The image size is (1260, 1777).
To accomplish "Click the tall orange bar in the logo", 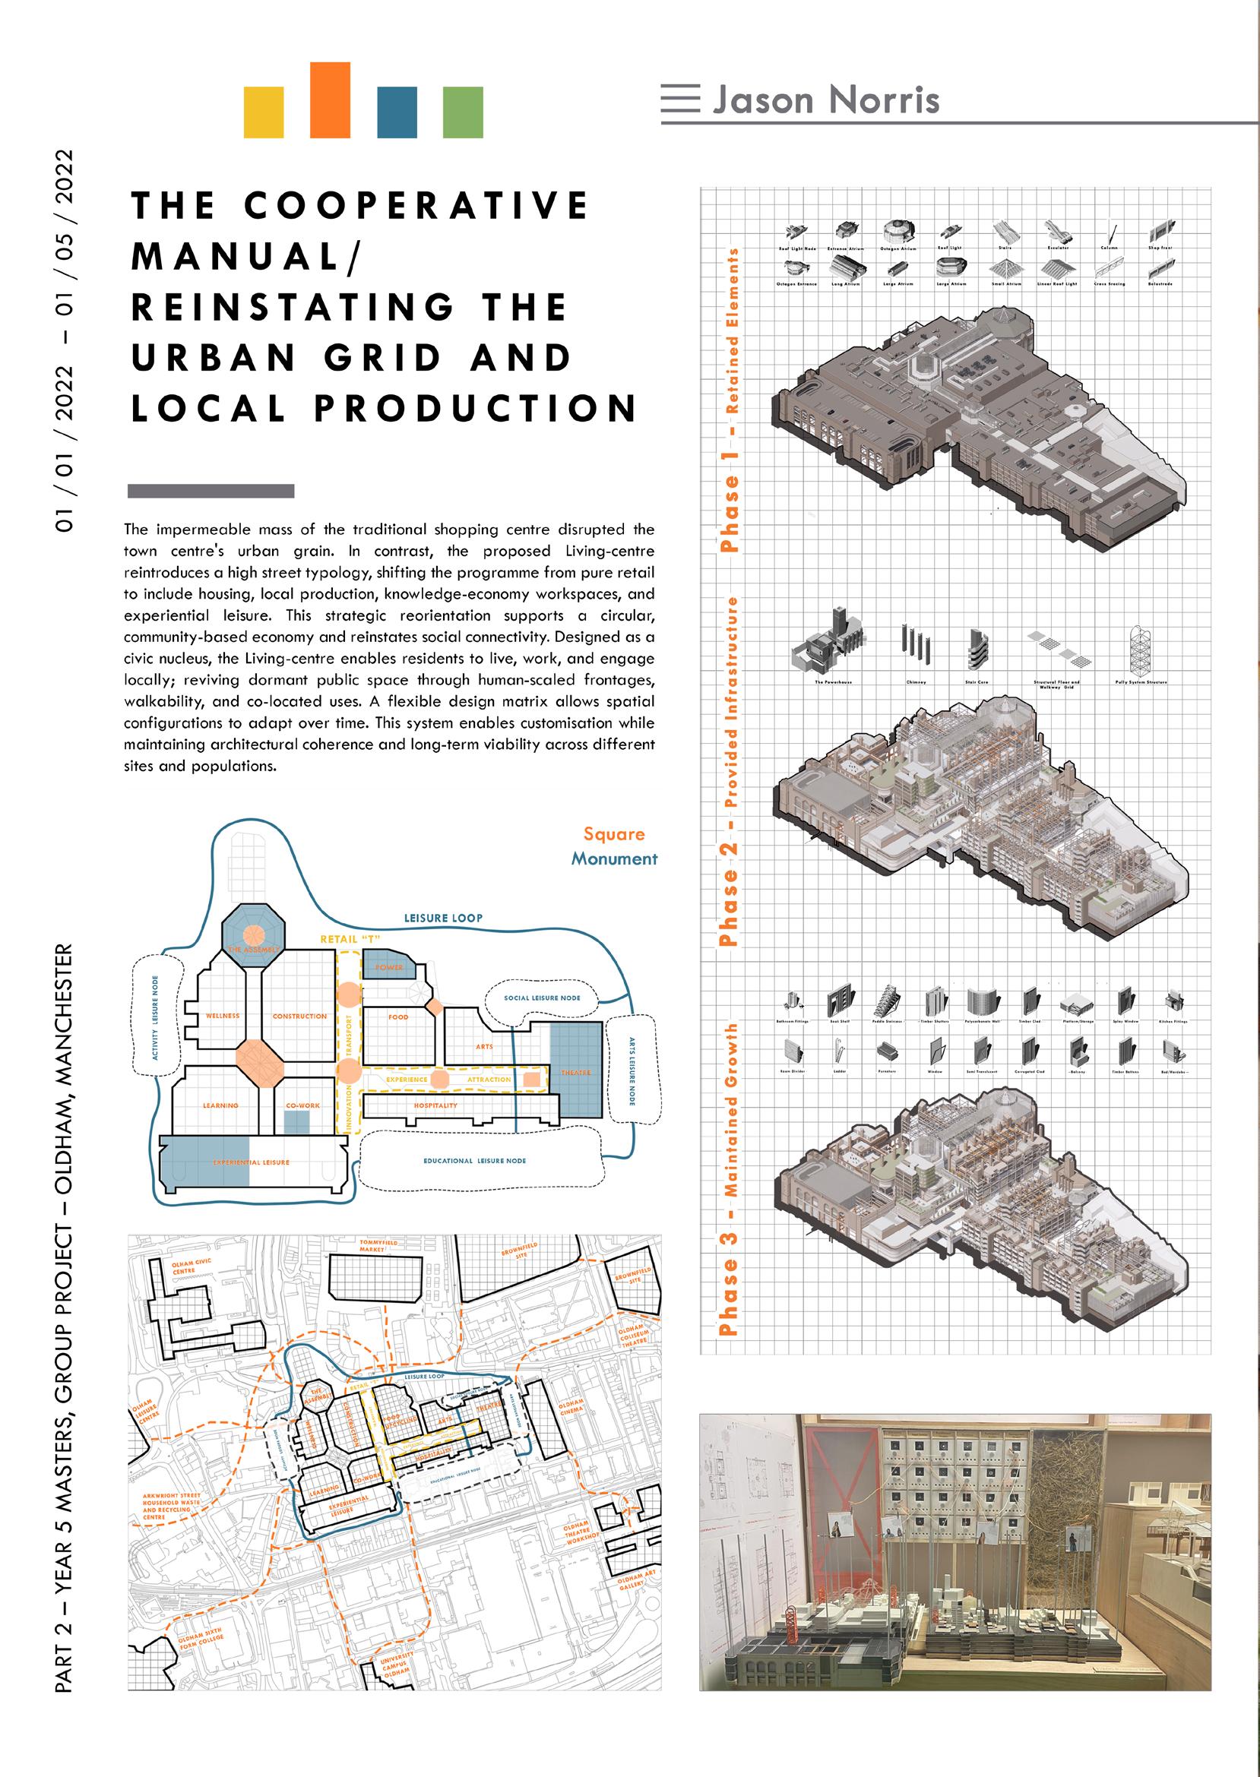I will click(330, 100).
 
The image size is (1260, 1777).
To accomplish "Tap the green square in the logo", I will click(462, 112).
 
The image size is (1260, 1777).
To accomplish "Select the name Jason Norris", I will click(825, 100).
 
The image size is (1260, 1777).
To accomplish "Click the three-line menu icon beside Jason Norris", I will click(680, 100).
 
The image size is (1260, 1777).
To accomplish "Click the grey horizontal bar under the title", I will click(211, 490).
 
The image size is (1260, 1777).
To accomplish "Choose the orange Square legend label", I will click(614, 835).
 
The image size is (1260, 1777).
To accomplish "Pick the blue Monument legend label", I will click(615, 858).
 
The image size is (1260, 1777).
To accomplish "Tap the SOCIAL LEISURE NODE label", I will click(543, 998).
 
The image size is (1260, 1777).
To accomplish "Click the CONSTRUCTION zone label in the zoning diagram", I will click(299, 1016).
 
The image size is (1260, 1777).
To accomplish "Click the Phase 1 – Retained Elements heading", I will click(730, 399).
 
